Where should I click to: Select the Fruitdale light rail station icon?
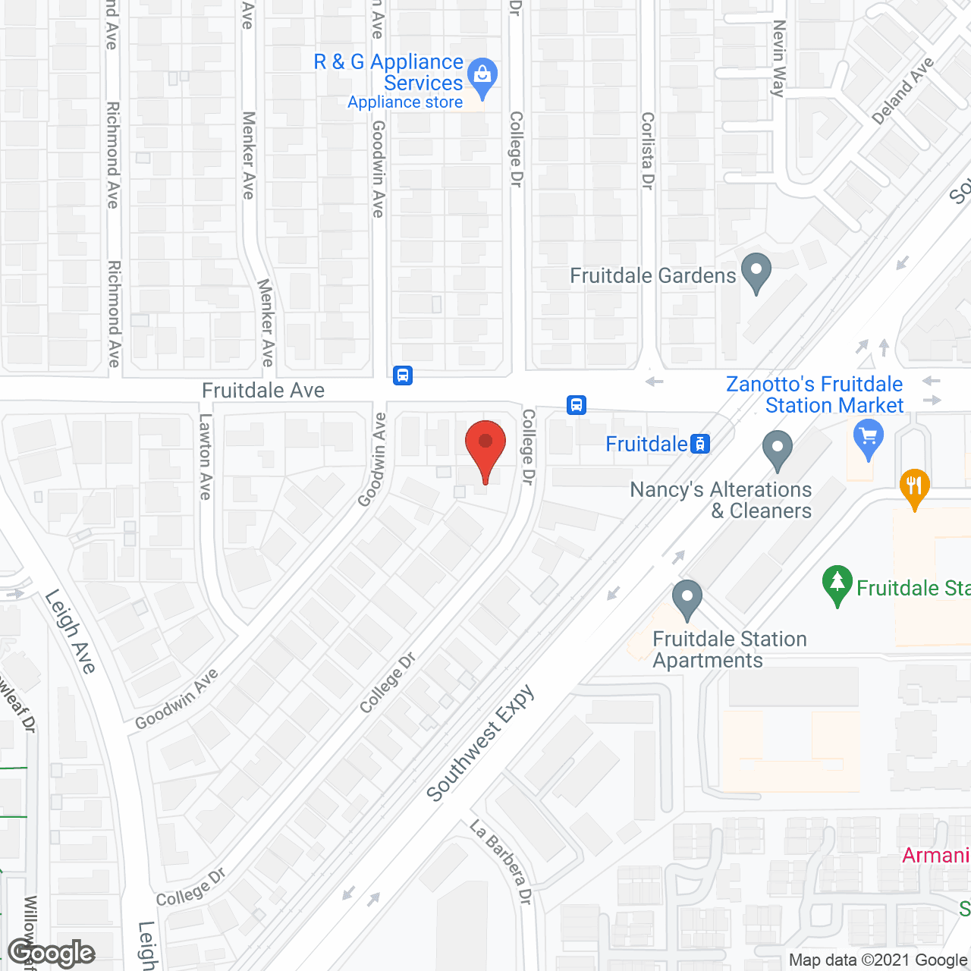point(700,444)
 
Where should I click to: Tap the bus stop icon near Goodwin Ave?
point(403,375)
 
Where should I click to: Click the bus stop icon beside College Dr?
point(577,404)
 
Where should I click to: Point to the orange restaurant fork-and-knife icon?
point(914,486)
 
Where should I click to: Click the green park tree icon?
point(837,584)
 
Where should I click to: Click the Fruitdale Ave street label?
point(263,390)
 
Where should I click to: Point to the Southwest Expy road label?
point(480,744)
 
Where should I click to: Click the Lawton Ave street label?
point(205,457)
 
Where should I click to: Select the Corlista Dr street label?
point(647,151)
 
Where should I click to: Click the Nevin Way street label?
point(778,59)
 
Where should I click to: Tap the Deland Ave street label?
point(903,91)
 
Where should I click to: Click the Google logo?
point(52,953)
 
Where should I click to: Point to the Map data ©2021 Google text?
point(878,960)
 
